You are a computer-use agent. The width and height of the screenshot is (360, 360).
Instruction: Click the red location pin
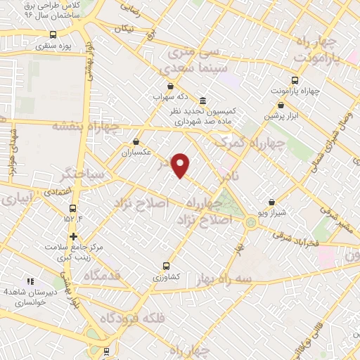click(181, 165)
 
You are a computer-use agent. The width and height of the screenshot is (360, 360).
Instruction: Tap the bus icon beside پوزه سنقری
click(53, 34)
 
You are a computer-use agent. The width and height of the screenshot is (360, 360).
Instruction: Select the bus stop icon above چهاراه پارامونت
click(295, 80)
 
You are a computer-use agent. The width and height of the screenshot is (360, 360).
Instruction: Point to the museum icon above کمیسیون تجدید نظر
click(202, 100)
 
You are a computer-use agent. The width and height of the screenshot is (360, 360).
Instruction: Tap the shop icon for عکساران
click(136, 141)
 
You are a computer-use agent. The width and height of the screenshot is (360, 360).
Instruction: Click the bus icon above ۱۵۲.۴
click(72, 208)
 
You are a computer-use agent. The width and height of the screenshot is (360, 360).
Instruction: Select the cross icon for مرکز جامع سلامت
click(73, 236)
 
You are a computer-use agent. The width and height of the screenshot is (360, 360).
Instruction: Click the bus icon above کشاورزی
click(166, 266)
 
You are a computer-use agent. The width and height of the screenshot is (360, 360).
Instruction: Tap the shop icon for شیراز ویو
click(271, 202)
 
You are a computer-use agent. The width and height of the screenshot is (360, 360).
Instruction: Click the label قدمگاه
click(102, 276)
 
